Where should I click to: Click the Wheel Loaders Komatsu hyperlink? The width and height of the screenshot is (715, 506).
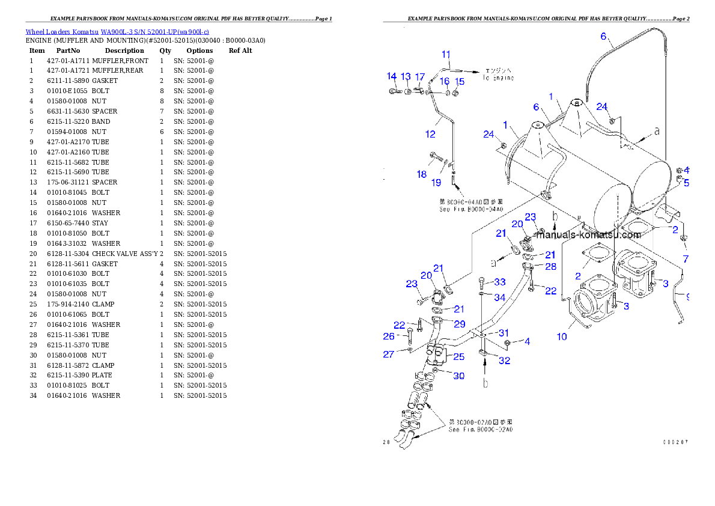pyautogui.click(x=117, y=32)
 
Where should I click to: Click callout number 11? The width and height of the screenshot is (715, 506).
pyautogui.click(x=446, y=55)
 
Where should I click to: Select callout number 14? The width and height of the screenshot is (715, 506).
pyautogui.click(x=392, y=76)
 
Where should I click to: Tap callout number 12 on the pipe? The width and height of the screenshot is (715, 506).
pyautogui.click(x=430, y=134)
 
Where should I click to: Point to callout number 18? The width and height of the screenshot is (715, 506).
pyautogui.click(x=422, y=174)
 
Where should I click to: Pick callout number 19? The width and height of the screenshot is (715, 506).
pyautogui.click(x=436, y=182)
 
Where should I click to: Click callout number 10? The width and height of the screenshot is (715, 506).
pyautogui.click(x=562, y=337)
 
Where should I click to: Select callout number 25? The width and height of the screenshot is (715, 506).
pyautogui.click(x=459, y=357)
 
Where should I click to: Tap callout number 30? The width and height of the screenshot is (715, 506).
pyautogui.click(x=459, y=376)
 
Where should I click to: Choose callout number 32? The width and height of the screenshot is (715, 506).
pyautogui.click(x=505, y=361)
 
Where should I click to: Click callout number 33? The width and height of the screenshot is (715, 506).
pyautogui.click(x=500, y=282)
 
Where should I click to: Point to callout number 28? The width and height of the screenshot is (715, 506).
pyautogui.click(x=550, y=267)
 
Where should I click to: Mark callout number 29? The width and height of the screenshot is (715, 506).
pyautogui.click(x=460, y=324)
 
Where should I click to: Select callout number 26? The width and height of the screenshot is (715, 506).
pyautogui.click(x=389, y=336)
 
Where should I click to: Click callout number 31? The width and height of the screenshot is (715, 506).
pyautogui.click(x=504, y=333)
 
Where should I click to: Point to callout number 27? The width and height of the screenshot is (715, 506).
pyautogui.click(x=389, y=355)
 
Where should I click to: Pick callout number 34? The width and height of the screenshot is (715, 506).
pyautogui.click(x=500, y=297)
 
